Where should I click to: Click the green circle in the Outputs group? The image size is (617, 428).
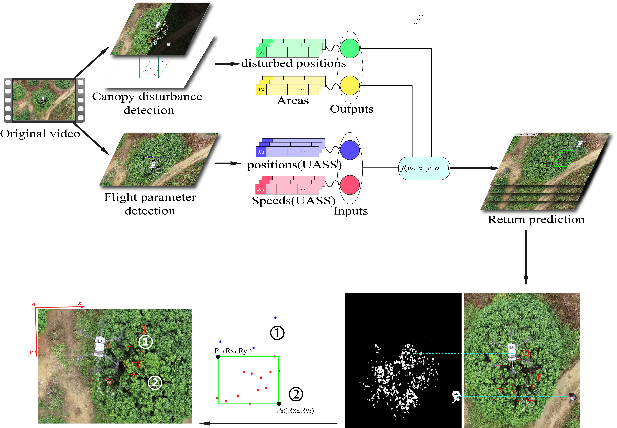point(350,49)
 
